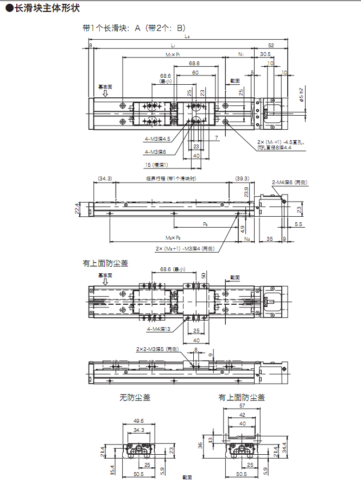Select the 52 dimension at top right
271,45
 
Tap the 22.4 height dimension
78,209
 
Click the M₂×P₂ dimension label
173,238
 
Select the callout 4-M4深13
159,329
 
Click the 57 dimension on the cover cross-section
242,406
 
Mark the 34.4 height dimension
284,448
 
